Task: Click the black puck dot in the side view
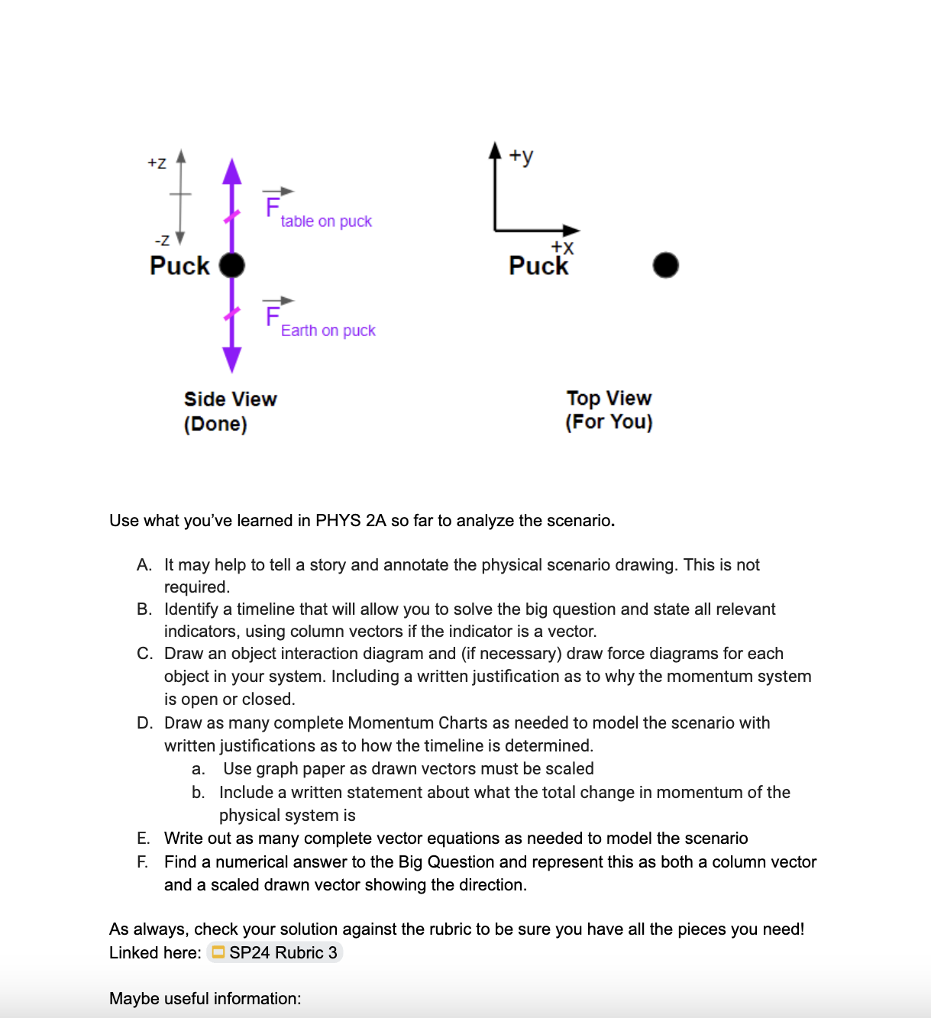232,265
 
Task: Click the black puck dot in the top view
665,265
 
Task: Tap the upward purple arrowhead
232,172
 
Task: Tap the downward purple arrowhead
232,359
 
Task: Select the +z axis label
157,163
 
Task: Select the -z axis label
162,240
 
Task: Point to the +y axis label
522,156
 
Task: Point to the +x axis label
562,247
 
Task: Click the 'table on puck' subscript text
326,221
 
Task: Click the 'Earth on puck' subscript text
328,331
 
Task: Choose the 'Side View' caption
230,399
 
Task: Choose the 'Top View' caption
609,398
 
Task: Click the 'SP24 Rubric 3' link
283,952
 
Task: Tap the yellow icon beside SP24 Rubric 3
218,952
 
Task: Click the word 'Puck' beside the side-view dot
179,266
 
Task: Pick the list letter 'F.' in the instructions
143,862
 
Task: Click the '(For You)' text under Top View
609,422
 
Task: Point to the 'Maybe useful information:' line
205,999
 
